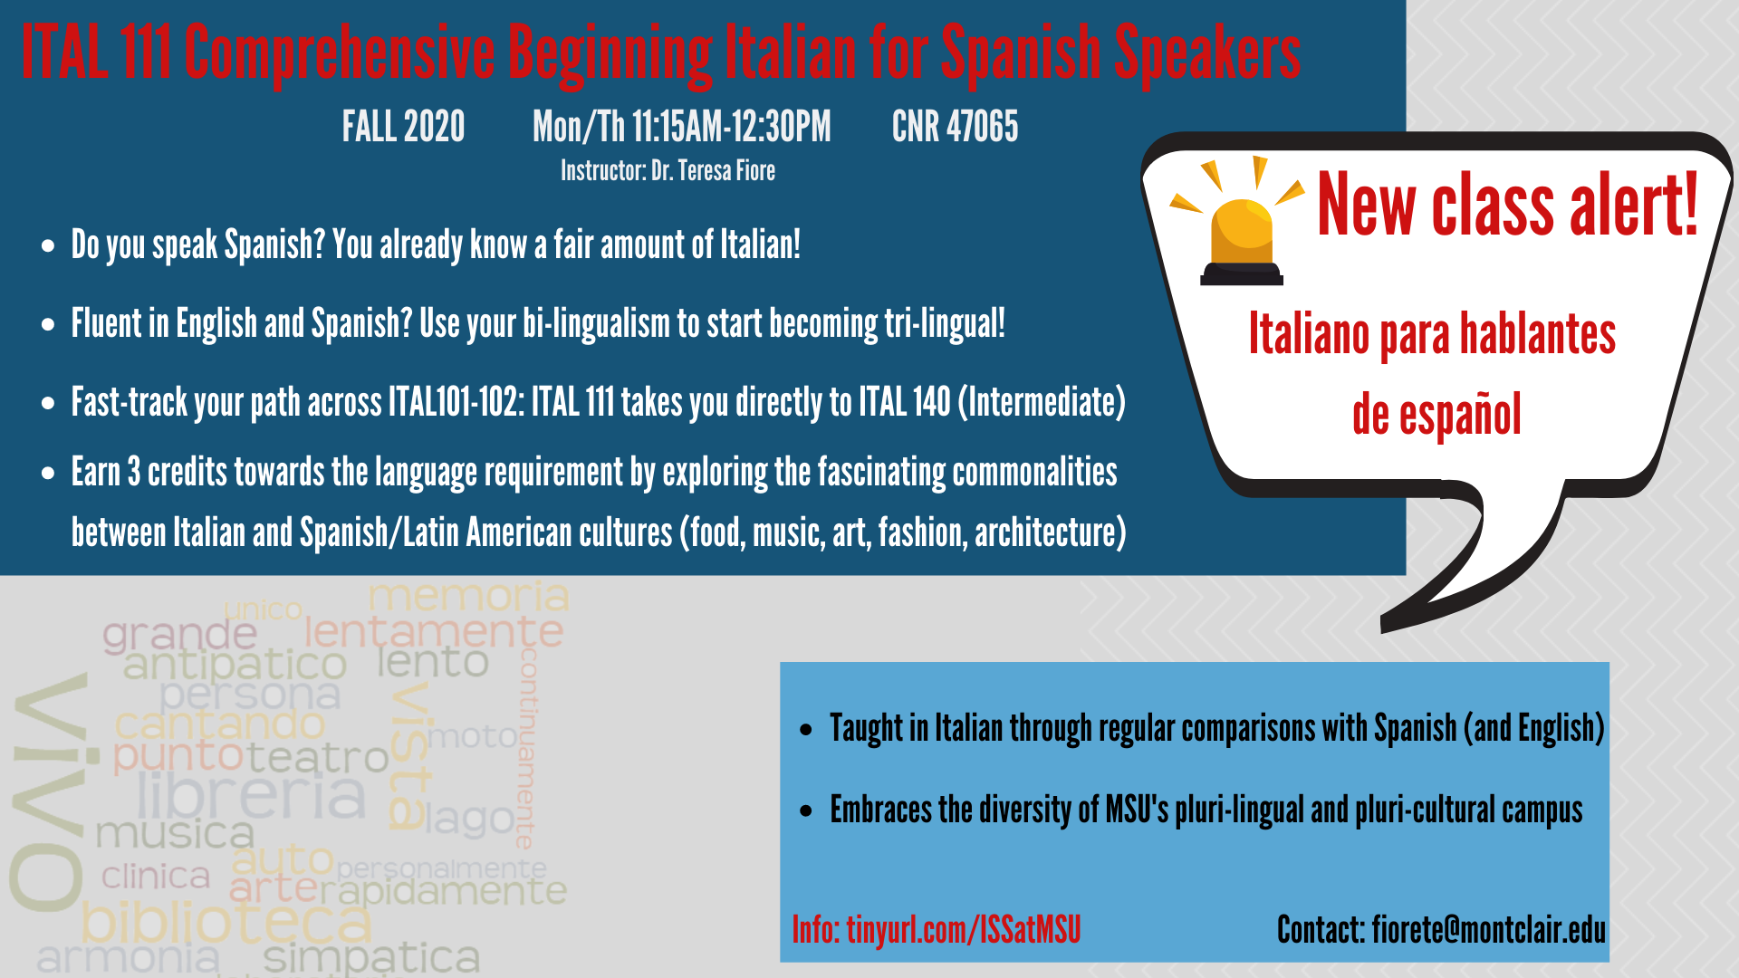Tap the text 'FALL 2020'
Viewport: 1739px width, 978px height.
point(403,127)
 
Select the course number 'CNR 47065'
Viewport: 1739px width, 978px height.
point(955,127)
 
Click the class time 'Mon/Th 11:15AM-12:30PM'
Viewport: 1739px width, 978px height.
point(681,127)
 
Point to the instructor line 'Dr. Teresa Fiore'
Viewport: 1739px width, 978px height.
point(713,171)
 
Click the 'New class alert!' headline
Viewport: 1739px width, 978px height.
point(1508,206)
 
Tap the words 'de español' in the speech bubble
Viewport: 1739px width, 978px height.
point(1436,415)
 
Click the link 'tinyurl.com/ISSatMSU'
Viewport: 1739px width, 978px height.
point(964,930)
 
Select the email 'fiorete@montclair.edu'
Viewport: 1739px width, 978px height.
point(1488,930)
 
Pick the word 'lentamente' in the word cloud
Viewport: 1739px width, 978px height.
point(434,631)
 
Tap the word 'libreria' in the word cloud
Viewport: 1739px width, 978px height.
point(252,795)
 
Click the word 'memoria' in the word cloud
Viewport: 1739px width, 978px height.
point(468,596)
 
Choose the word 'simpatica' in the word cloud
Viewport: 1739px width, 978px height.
point(371,958)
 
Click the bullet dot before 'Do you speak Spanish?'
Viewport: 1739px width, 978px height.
point(48,246)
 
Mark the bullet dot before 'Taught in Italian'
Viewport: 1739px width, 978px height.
point(806,730)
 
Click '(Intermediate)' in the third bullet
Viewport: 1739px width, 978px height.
point(1042,402)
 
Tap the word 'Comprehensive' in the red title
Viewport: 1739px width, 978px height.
point(340,53)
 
